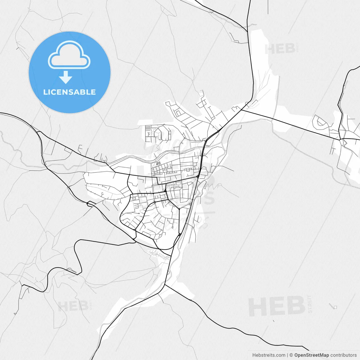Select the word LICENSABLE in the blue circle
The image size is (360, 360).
69,92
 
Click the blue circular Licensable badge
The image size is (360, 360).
69,72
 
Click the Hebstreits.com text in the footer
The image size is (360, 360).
269,355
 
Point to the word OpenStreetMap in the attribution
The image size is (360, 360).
311,355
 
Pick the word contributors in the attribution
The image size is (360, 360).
343,355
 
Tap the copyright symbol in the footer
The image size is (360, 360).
291,355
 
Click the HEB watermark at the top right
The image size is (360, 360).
280,49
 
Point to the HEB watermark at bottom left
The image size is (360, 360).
73,306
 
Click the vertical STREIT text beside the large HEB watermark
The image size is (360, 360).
310,304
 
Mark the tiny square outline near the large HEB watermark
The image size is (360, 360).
335,307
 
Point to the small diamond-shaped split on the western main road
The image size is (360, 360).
91,203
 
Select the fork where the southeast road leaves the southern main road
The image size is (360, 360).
165,285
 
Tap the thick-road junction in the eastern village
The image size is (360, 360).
340,139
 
